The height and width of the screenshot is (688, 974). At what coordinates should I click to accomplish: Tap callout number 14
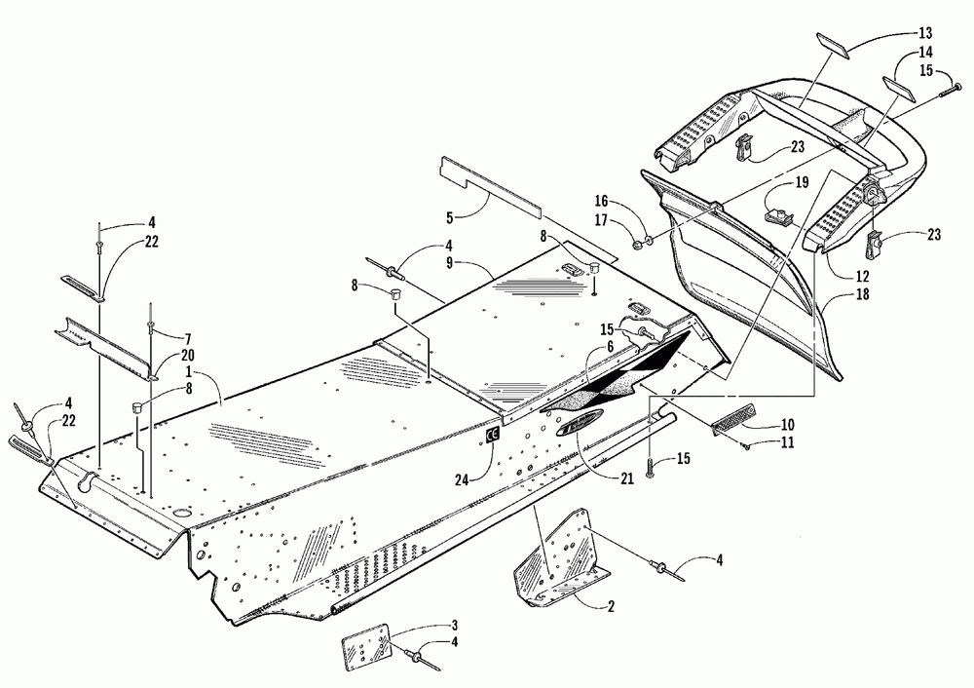click(x=924, y=53)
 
